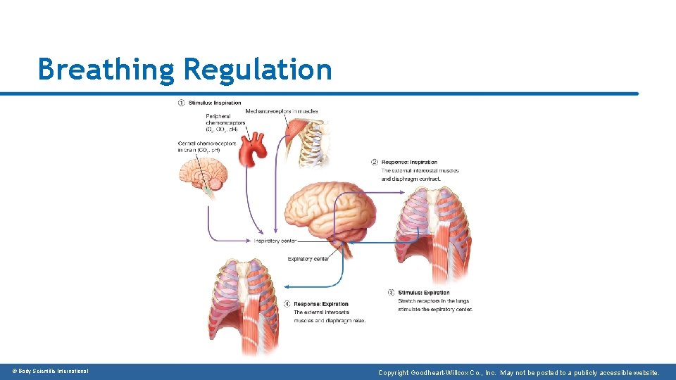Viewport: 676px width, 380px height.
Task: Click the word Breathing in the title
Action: click(106, 70)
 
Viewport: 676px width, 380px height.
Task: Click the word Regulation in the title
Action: click(257, 70)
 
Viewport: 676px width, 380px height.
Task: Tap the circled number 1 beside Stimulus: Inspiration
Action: click(181, 103)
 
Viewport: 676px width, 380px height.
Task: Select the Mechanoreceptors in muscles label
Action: click(282, 111)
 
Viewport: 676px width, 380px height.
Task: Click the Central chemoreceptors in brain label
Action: click(199, 146)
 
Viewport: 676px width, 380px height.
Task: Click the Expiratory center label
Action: click(308, 259)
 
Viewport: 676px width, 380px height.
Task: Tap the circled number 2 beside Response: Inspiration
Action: click(375, 163)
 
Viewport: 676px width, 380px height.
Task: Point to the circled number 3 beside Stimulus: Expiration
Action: click(392, 292)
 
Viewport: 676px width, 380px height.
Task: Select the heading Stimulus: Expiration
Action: click(424, 292)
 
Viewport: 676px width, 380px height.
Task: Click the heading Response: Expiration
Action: click(320, 304)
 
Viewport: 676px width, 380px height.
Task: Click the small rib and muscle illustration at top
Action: click(310, 141)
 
